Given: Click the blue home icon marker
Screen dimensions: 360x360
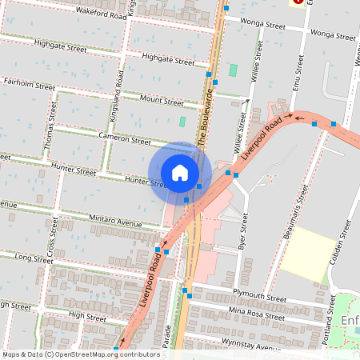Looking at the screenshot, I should pos(180,173).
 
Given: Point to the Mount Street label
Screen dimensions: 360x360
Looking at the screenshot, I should pos(162,101).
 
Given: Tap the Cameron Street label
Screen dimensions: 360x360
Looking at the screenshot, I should pos(125,139).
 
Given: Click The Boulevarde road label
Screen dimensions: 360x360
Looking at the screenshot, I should pos(206,116).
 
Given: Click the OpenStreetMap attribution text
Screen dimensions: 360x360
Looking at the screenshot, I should pos(81,354).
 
